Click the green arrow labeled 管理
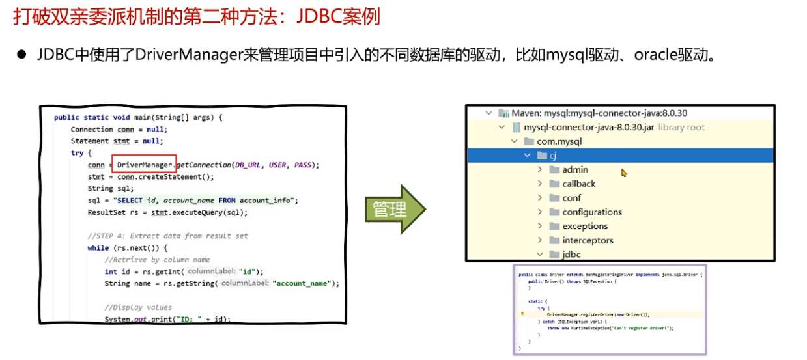(x=393, y=209)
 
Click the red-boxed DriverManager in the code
(x=144, y=165)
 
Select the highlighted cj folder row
(x=552, y=156)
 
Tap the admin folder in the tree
(x=575, y=170)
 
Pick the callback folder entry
(x=578, y=184)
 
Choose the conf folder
(x=571, y=198)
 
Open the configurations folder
(x=591, y=212)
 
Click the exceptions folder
(x=585, y=227)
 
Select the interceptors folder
(x=588, y=241)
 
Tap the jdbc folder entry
(x=571, y=255)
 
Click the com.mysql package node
(x=559, y=141)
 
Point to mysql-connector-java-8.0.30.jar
(x=588, y=128)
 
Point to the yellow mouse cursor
(x=624, y=173)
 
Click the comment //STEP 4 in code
(x=167, y=236)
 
